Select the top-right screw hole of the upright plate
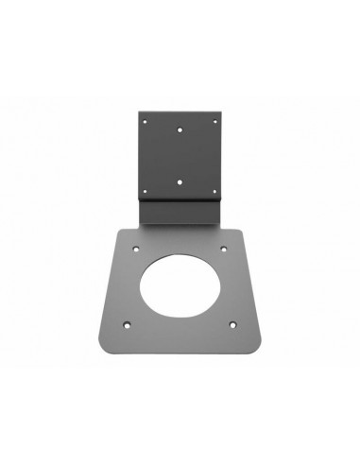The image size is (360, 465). point(217,118)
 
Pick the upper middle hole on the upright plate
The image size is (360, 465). point(180,129)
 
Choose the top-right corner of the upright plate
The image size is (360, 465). point(224,107)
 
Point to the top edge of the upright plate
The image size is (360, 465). point(180,107)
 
